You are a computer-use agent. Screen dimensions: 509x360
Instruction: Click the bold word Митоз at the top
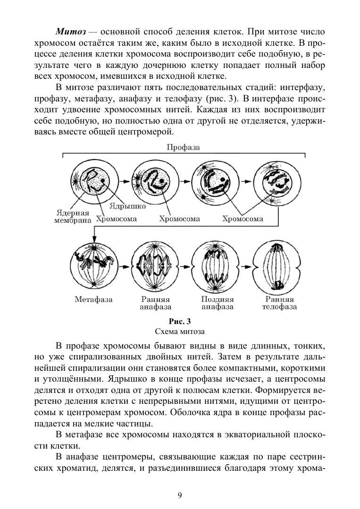(71, 32)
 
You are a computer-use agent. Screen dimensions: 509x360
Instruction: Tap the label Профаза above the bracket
(183, 147)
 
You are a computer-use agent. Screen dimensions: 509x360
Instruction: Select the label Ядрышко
(128, 206)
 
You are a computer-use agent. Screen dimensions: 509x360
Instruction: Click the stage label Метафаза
(93, 300)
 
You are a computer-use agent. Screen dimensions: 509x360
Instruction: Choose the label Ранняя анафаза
(155, 303)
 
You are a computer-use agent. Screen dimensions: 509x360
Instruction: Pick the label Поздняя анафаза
(218, 303)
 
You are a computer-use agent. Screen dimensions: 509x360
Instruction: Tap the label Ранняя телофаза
(279, 303)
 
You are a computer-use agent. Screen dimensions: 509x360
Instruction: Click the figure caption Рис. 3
(179, 322)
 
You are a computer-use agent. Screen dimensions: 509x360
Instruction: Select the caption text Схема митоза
(179, 331)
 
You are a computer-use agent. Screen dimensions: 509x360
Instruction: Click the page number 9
(180, 495)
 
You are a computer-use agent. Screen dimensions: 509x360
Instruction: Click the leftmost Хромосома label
(117, 219)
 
